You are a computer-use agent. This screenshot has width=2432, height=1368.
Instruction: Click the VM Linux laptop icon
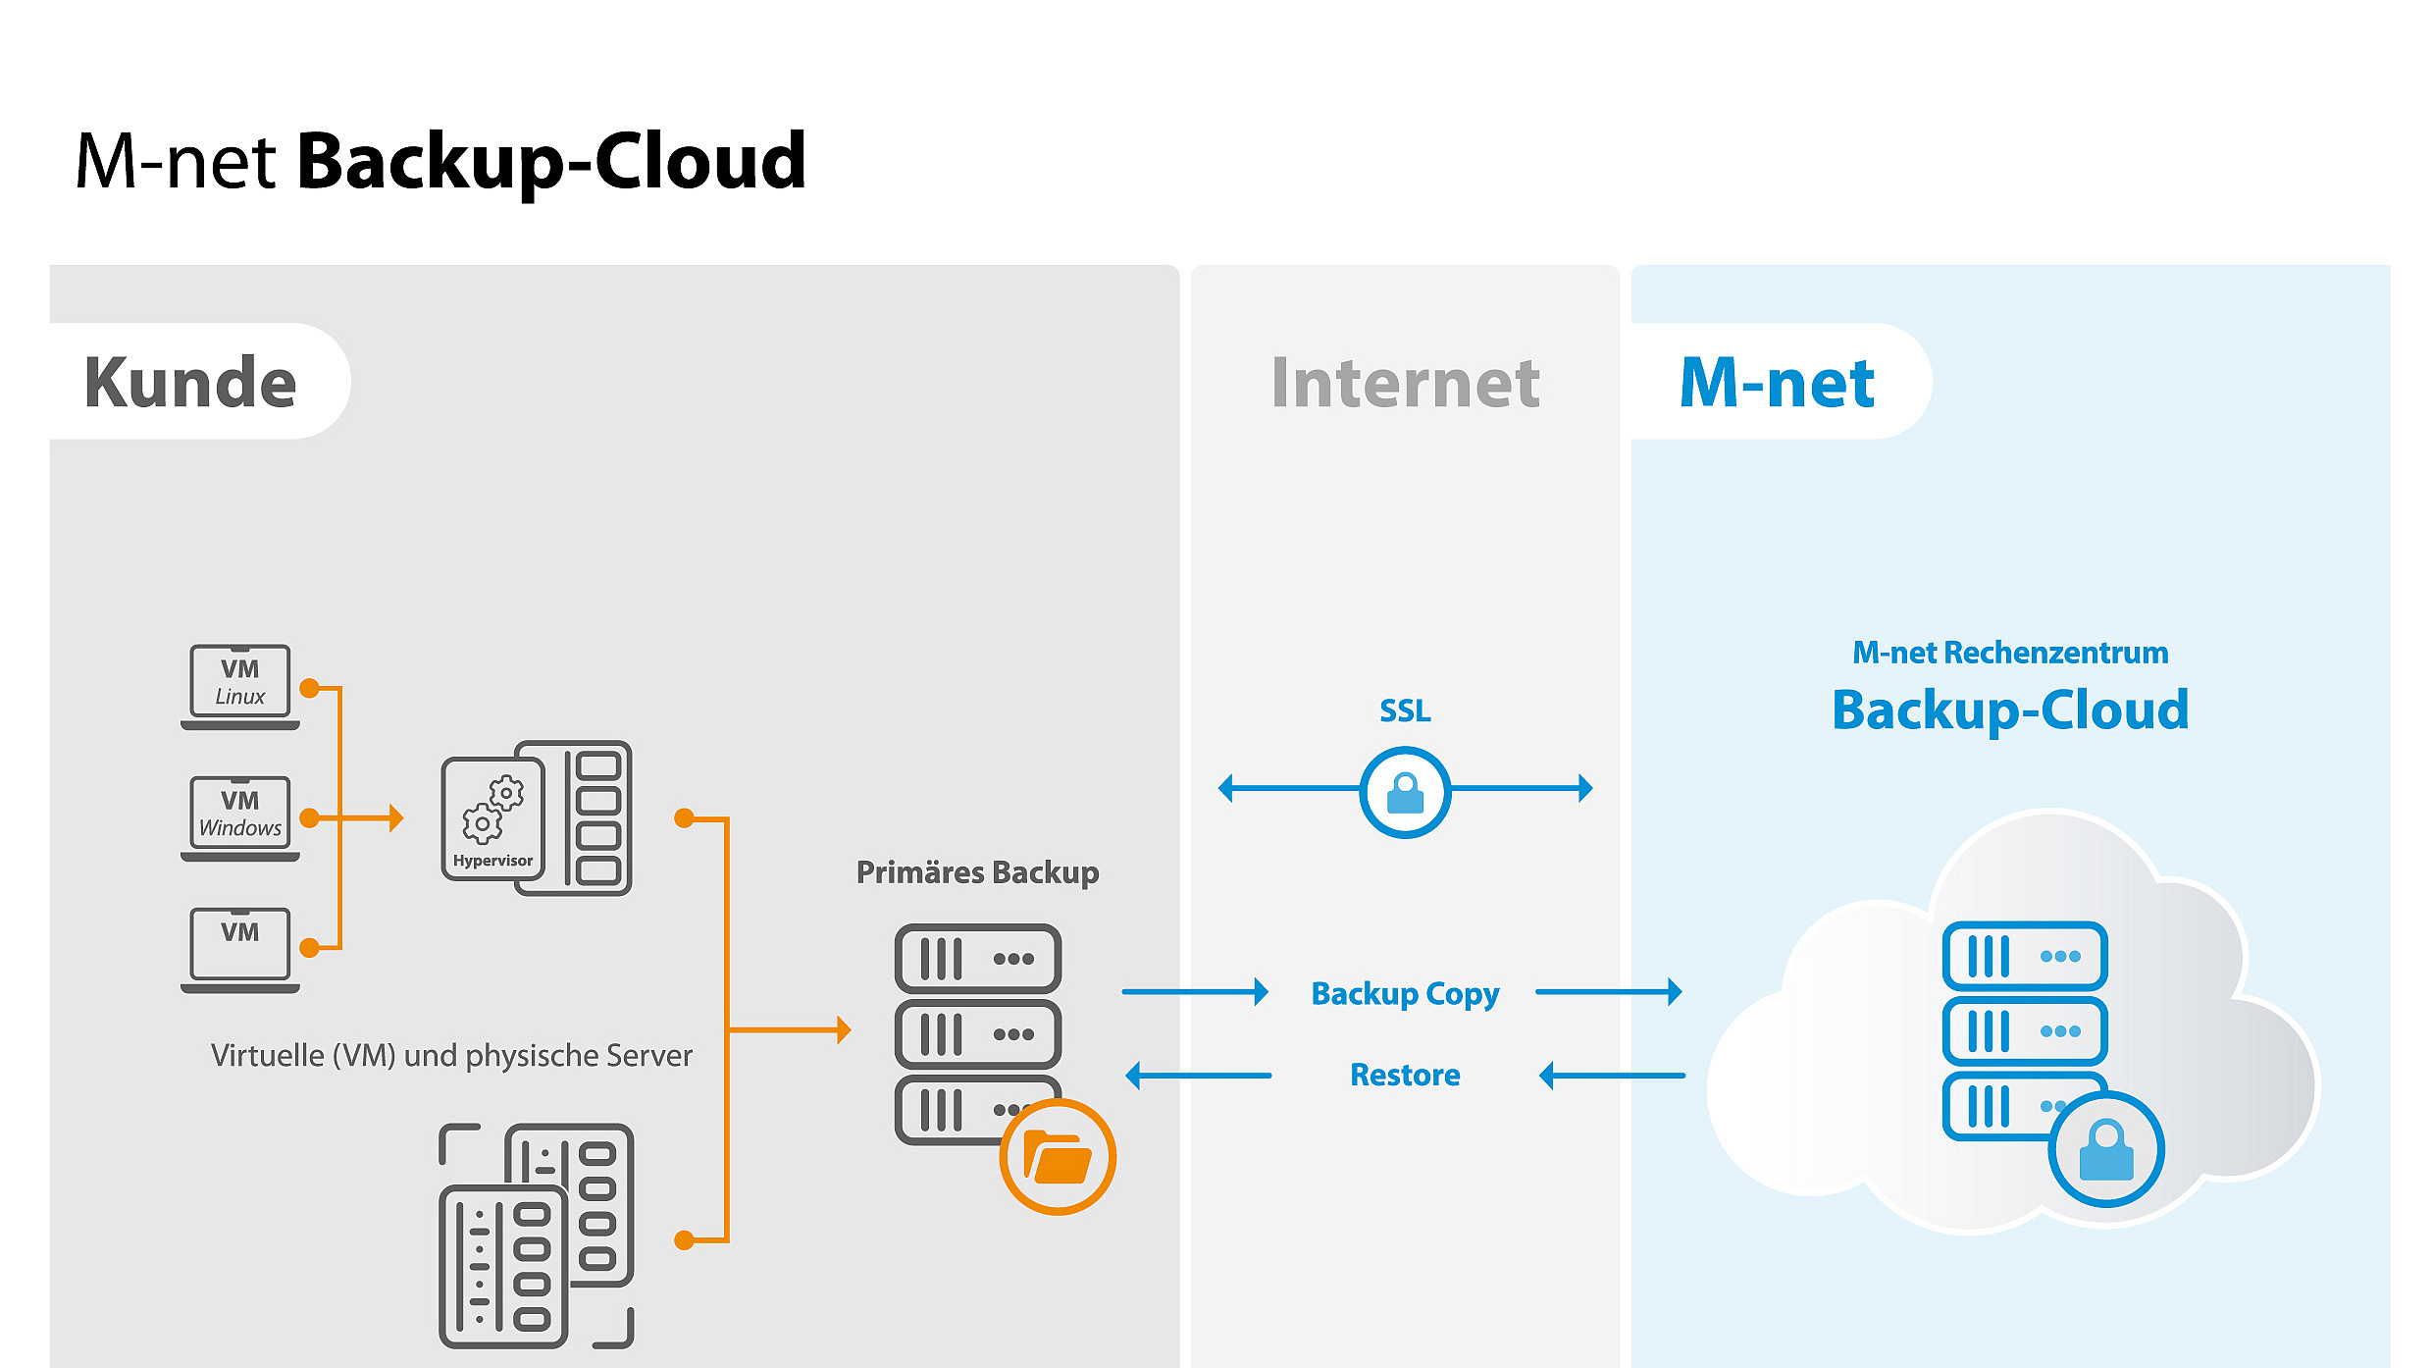click(x=239, y=685)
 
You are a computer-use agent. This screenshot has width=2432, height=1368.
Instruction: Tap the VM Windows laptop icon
click(x=239, y=817)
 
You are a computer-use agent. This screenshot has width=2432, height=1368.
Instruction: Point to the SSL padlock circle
click(x=1405, y=791)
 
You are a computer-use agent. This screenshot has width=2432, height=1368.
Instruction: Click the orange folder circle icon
click(x=1058, y=1157)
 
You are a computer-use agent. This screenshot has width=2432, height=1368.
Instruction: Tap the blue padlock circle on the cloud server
click(x=2105, y=1149)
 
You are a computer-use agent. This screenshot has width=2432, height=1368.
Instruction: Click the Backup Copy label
click(x=1405, y=993)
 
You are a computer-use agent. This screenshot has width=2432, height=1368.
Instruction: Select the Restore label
click(x=1405, y=1075)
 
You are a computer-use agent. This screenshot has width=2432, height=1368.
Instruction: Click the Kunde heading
click(x=190, y=382)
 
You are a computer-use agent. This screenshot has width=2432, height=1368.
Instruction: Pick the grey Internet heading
click(x=1405, y=382)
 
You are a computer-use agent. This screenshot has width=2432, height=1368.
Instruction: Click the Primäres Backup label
click(x=977, y=871)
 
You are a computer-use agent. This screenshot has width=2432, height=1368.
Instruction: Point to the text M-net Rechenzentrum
click(x=2010, y=653)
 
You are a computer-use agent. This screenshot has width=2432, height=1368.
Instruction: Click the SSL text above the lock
click(x=1405, y=710)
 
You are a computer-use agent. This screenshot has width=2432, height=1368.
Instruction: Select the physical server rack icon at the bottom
click(x=536, y=1236)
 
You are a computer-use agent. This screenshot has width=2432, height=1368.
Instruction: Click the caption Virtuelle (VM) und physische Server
click(x=451, y=1055)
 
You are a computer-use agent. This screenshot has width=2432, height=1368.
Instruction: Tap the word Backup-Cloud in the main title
click(x=551, y=161)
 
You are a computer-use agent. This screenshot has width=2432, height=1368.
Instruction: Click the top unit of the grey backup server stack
click(x=977, y=958)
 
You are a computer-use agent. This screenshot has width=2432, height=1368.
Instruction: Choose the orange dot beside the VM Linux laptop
click(x=309, y=688)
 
